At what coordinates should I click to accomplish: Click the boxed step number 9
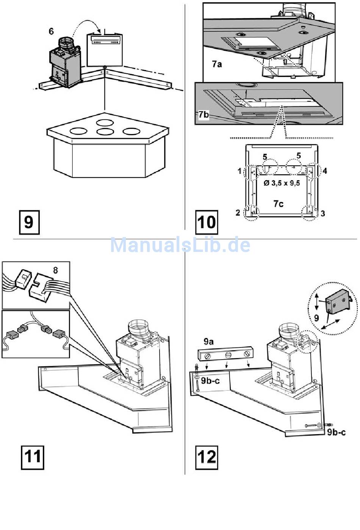point(29,222)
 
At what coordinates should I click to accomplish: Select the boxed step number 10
point(207,222)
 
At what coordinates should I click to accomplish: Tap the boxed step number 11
point(33,457)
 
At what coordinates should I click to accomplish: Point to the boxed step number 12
point(207,457)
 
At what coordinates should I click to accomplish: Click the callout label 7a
point(217,64)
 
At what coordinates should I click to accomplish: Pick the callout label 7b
point(203,114)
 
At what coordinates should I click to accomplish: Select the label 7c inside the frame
point(279,204)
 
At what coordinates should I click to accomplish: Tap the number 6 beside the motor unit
point(52,31)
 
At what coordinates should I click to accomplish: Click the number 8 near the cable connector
point(56,270)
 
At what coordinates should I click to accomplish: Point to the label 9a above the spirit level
point(208,342)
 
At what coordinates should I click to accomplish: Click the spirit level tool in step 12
point(225,355)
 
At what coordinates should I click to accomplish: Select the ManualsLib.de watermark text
point(180,245)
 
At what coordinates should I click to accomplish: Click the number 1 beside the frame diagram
point(239,171)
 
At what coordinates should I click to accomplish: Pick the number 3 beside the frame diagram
point(322,213)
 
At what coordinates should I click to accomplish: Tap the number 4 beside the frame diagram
point(325,171)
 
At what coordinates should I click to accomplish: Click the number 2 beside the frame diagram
point(238,213)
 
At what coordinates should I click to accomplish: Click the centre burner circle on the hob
point(105,132)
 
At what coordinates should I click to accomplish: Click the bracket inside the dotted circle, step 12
point(338,303)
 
